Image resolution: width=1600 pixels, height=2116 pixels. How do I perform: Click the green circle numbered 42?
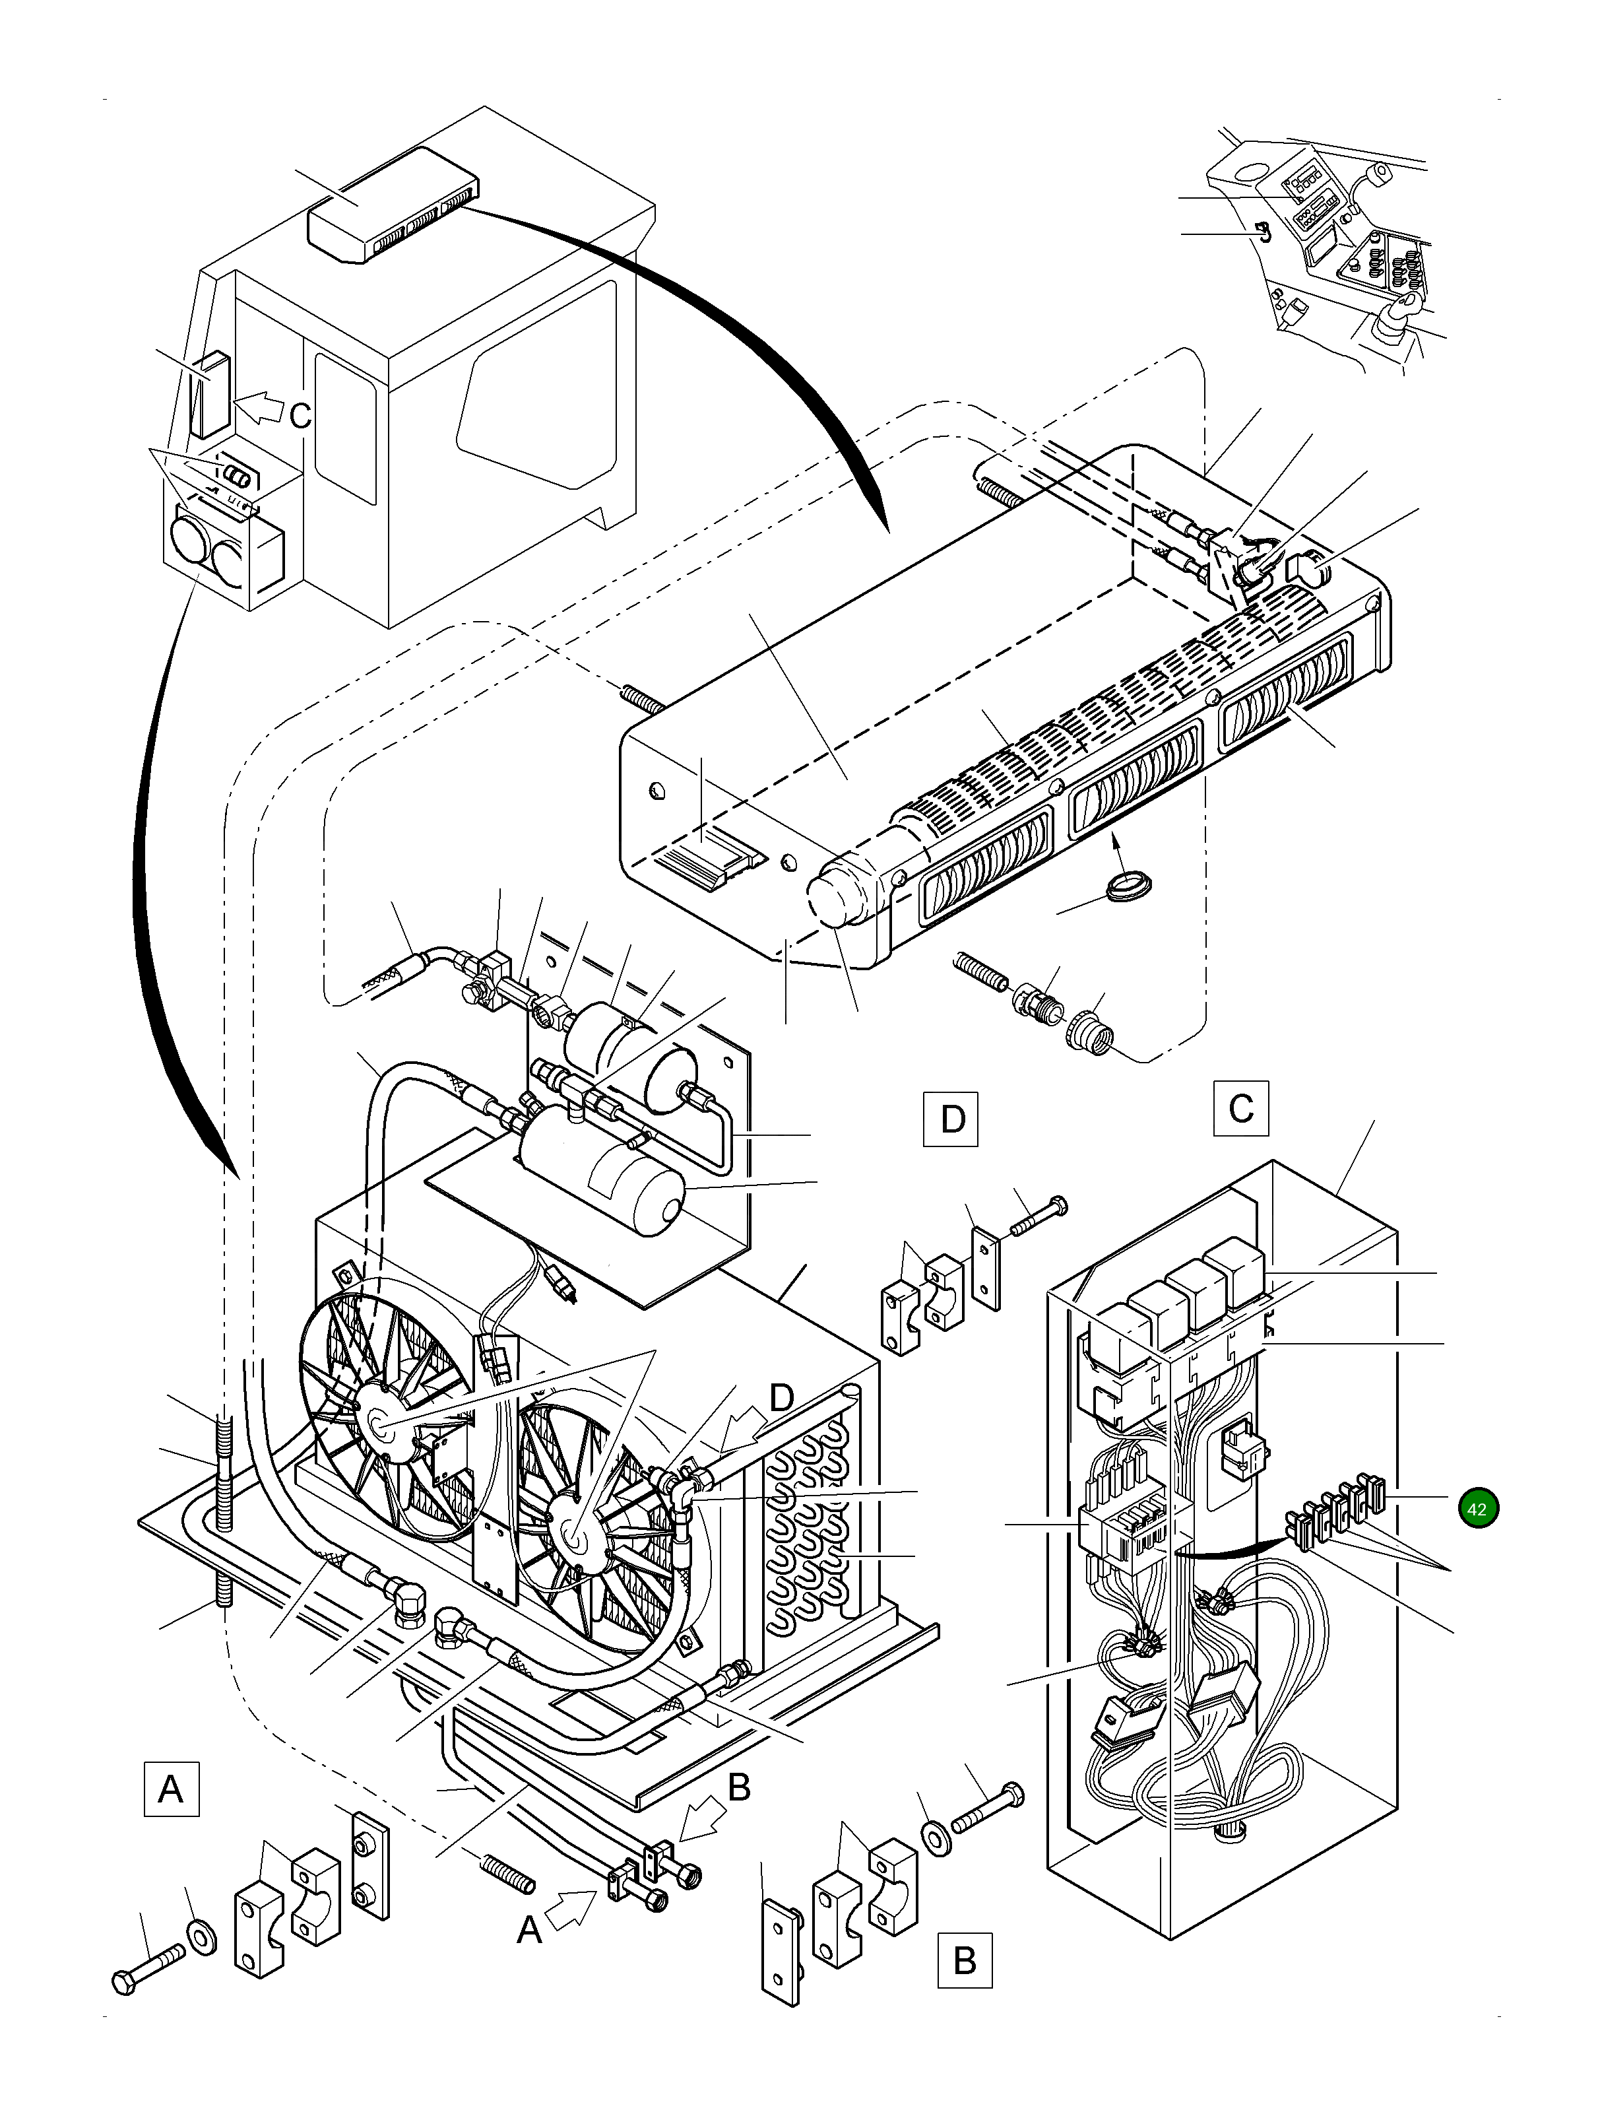(1477, 1509)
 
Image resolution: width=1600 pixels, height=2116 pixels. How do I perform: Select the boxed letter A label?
(171, 1788)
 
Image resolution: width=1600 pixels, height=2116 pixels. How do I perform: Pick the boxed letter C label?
(1240, 1108)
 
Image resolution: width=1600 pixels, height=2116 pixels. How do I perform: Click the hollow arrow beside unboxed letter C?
(258, 409)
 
